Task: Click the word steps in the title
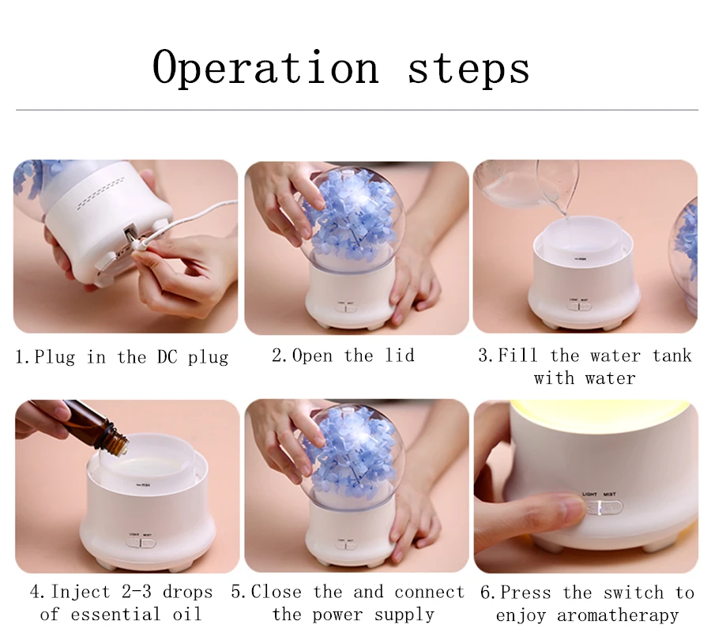coord(468,68)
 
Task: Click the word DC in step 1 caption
coord(166,357)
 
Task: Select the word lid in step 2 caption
coord(399,355)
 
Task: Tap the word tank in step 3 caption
coord(671,355)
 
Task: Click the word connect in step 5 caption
coord(430,592)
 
